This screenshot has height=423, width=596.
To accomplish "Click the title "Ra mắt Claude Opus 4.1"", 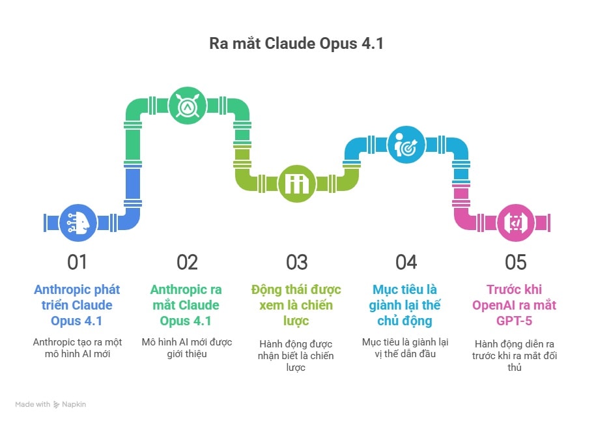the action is click(x=296, y=44).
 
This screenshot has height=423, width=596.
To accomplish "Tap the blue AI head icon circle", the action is click(x=78, y=222).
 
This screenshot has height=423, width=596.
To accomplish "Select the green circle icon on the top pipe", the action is click(x=188, y=106).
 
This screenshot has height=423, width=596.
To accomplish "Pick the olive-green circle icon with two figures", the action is click(x=297, y=184).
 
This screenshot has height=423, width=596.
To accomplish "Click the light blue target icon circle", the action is click(x=406, y=145).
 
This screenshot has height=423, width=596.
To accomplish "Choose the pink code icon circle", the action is click(x=516, y=222).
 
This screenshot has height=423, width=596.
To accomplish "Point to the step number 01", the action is click(x=77, y=263).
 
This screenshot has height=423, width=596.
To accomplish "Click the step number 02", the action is click(x=187, y=263).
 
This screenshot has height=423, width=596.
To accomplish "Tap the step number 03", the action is click(x=297, y=263).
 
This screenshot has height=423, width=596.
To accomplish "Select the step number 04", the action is click(x=406, y=263).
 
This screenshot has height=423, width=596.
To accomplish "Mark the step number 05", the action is click(x=515, y=263).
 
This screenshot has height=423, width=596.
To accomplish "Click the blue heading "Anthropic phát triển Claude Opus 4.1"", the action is click(x=77, y=305).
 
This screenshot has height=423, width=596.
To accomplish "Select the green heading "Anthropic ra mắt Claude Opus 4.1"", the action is click(x=186, y=305).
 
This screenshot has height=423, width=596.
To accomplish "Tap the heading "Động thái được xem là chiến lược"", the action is click(x=296, y=305).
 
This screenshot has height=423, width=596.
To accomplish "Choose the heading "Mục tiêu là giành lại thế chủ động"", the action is click(x=404, y=305).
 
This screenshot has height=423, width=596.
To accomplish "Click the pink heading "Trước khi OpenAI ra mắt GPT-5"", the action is click(x=515, y=305).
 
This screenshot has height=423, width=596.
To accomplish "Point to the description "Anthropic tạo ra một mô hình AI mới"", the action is click(x=78, y=348).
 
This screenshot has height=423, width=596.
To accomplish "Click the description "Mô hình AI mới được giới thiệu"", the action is click(x=187, y=348).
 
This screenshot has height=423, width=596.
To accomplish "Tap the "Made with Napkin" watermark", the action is click(x=51, y=404).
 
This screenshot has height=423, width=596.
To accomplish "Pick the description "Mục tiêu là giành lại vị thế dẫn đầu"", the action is click(x=405, y=348).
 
